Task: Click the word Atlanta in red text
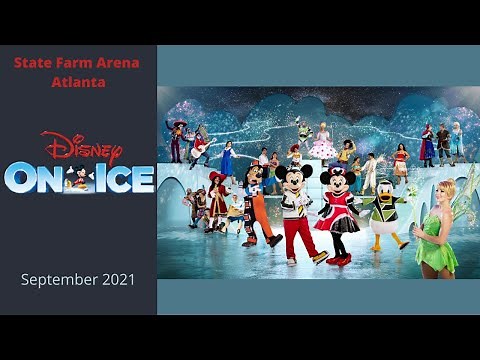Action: click(78, 81)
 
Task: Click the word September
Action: click(58, 279)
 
